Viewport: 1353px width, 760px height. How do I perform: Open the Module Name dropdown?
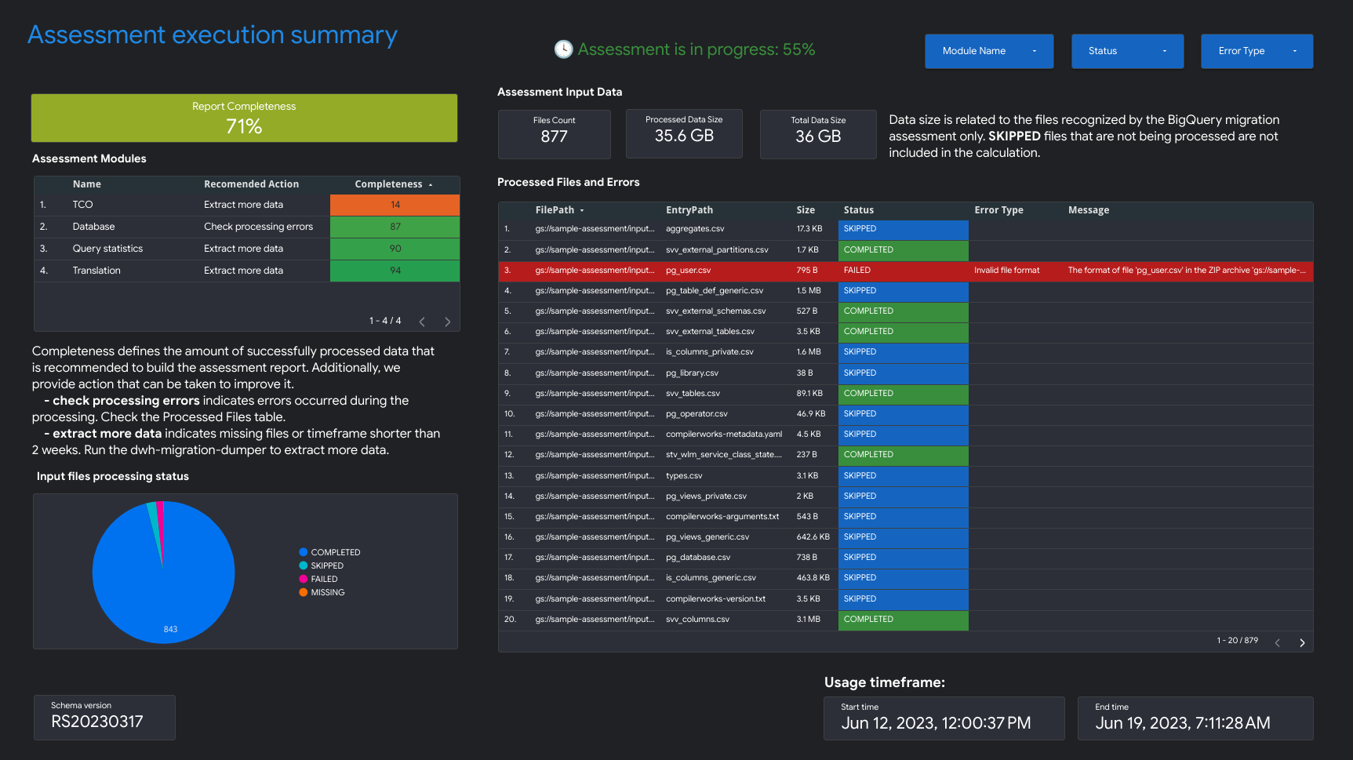click(988, 51)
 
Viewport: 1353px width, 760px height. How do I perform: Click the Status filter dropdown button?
click(1127, 51)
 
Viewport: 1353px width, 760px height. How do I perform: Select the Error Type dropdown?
click(1257, 51)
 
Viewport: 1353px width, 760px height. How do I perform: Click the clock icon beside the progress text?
click(563, 49)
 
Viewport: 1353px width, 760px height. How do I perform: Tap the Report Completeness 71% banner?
click(244, 118)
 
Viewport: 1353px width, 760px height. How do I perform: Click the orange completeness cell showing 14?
click(395, 205)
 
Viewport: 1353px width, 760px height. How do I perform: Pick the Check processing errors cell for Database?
click(258, 227)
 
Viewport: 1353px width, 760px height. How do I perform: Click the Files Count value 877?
click(554, 136)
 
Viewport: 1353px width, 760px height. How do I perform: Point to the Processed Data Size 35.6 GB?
click(684, 136)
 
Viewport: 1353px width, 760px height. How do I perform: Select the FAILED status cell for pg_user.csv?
click(902, 271)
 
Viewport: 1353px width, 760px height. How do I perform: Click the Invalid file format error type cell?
click(1006, 271)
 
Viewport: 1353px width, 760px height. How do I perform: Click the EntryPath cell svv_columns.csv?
click(697, 620)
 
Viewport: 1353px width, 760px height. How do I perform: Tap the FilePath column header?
click(555, 210)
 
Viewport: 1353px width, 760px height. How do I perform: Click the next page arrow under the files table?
click(1302, 642)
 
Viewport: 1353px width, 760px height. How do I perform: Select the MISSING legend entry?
click(327, 593)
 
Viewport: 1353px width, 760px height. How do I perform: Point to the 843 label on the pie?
click(170, 629)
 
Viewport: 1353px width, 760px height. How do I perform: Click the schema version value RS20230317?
click(97, 722)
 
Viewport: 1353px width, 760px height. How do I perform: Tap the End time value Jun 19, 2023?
click(1182, 723)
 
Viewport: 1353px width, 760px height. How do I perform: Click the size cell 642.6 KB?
click(813, 537)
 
